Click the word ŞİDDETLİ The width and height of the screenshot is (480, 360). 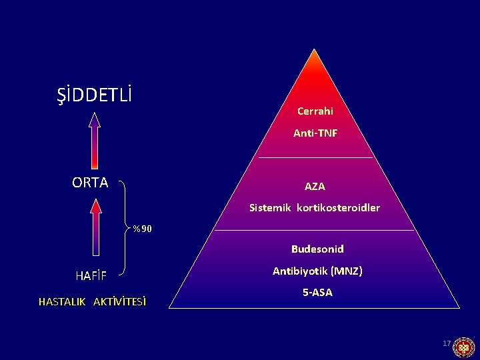pos(94,95)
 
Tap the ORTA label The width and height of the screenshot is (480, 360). pos(90,183)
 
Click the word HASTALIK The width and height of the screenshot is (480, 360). pos(62,301)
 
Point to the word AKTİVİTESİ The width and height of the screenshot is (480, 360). pos(120,301)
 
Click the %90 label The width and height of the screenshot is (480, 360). pos(142,229)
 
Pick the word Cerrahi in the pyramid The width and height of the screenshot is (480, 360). pos(315,111)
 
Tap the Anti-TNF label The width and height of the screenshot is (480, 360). pos(315,133)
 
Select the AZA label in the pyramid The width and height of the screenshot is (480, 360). pos(315,186)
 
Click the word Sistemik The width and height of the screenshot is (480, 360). pos(271,207)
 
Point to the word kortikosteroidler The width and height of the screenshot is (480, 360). pos(338,207)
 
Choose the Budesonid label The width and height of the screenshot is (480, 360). pos(317,249)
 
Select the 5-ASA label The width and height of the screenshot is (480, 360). pos(317,292)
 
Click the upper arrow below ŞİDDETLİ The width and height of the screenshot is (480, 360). pos(95,140)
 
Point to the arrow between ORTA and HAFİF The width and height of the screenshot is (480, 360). pos(96,227)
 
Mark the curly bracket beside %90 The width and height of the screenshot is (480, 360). pos(126,227)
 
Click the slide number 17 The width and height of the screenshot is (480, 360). pos(447,343)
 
